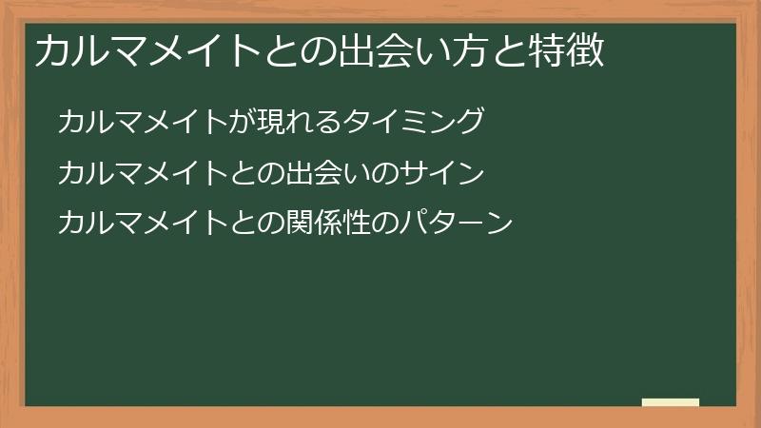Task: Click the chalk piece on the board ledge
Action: click(671, 402)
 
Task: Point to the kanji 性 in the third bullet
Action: click(362, 224)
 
